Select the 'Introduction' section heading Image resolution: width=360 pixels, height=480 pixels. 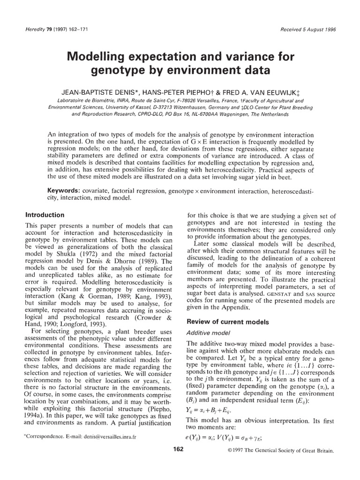[45, 215]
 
